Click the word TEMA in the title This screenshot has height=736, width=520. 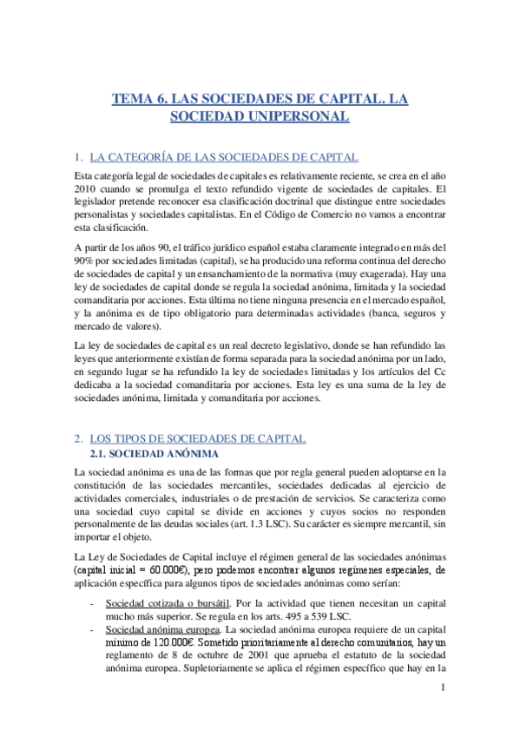133,100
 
